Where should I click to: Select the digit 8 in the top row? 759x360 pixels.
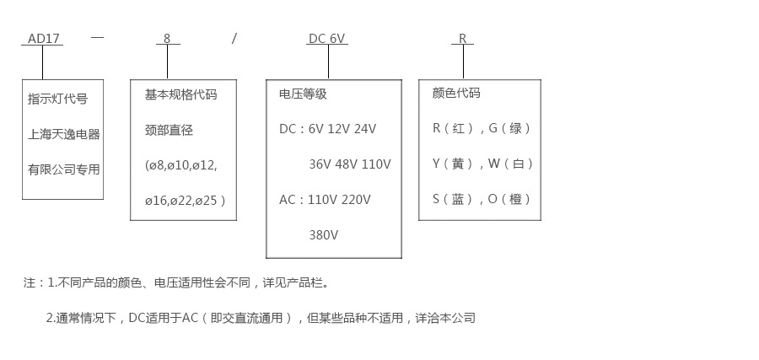coord(167,39)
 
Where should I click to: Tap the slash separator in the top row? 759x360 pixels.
coord(234,38)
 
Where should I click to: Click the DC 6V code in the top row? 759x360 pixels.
coord(327,39)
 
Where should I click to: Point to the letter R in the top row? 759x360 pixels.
coord(463,39)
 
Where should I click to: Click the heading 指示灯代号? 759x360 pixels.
coord(57,99)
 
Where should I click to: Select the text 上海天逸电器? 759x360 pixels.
coord(63,134)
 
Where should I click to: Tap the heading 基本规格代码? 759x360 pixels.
coord(180,94)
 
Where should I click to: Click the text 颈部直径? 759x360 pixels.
coord(169,130)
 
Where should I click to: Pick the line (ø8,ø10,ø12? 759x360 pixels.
coord(180,165)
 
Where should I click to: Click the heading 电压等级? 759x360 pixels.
coord(303,94)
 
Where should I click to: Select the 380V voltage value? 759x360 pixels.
coord(324,235)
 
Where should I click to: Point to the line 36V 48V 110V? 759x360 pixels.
coord(350,164)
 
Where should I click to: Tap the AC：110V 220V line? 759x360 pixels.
coord(325,200)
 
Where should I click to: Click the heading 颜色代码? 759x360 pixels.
coord(456,93)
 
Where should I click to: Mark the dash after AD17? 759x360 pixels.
coord(97,38)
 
